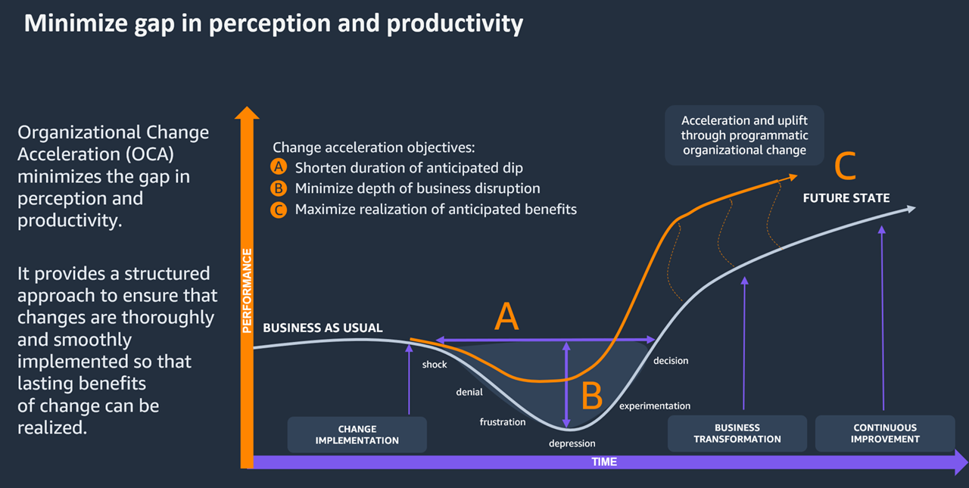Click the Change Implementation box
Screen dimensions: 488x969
357,435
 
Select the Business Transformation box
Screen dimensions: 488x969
737,434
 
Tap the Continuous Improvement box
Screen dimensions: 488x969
884,434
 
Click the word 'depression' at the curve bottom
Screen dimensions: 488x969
572,443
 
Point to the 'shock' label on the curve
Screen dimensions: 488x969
435,365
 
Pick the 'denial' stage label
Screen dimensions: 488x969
469,392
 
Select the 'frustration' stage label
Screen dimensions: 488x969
502,421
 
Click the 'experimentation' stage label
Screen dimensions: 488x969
655,406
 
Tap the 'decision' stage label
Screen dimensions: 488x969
671,361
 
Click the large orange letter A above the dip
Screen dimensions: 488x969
506,317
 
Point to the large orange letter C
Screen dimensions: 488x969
845,167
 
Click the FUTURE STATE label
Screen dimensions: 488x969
846,198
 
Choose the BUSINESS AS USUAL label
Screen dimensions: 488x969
322,328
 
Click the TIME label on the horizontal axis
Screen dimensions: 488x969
604,462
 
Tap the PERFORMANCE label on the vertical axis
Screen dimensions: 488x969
247,291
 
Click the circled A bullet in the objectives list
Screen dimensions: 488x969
279,168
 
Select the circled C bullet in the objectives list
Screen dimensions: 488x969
279,210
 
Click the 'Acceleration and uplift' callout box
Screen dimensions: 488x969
743,135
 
